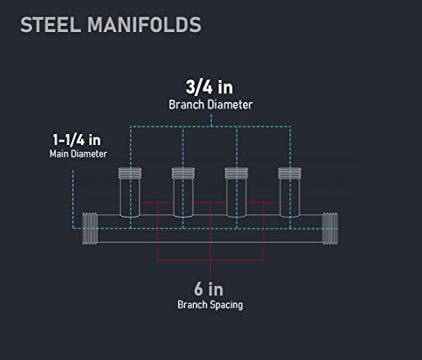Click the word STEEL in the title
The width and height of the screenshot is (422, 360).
click(51, 24)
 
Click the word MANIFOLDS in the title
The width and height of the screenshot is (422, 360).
click(144, 24)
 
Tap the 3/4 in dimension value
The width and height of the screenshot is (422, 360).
click(209, 87)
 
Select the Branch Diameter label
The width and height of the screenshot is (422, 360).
click(211, 105)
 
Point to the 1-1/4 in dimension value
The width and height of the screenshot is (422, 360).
click(77, 140)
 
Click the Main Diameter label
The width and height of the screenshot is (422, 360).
click(78, 153)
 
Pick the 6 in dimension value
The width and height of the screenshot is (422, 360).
click(208, 289)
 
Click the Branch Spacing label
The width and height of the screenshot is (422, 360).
click(210, 305)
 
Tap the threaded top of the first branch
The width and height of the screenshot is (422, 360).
click(130, 173)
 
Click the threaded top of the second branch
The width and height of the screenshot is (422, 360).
click(183, 173)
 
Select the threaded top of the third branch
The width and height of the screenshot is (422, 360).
click(236, 173)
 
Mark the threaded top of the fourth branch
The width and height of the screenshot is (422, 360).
click(289, 173)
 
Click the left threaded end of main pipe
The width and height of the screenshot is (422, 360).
click(90, 228)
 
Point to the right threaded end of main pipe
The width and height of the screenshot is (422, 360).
click(330, 228)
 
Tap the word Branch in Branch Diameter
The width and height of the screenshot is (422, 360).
click(187, 105)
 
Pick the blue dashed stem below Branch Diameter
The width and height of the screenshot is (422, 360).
click(211, 121)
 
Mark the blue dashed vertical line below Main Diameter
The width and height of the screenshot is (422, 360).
click(73, 199)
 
